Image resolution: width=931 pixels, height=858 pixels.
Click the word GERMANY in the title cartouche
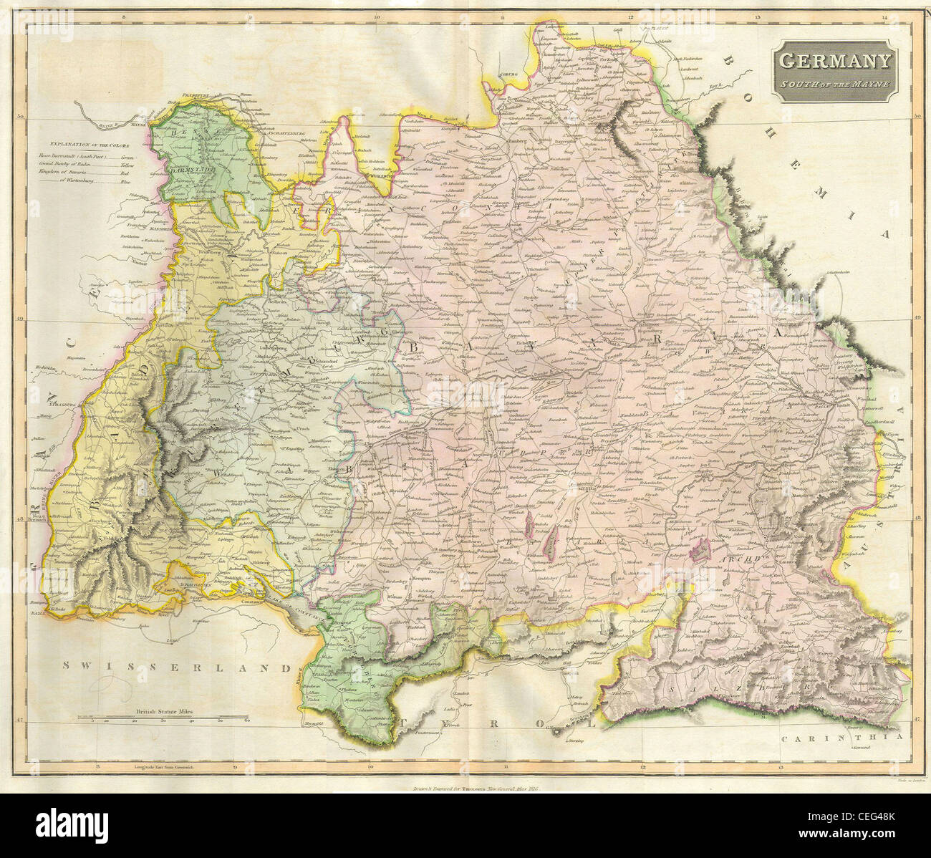(x=834, y=62)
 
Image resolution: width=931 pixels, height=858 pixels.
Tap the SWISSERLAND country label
(x=178, y=665)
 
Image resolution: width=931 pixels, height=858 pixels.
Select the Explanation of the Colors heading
(x=90, y=145)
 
